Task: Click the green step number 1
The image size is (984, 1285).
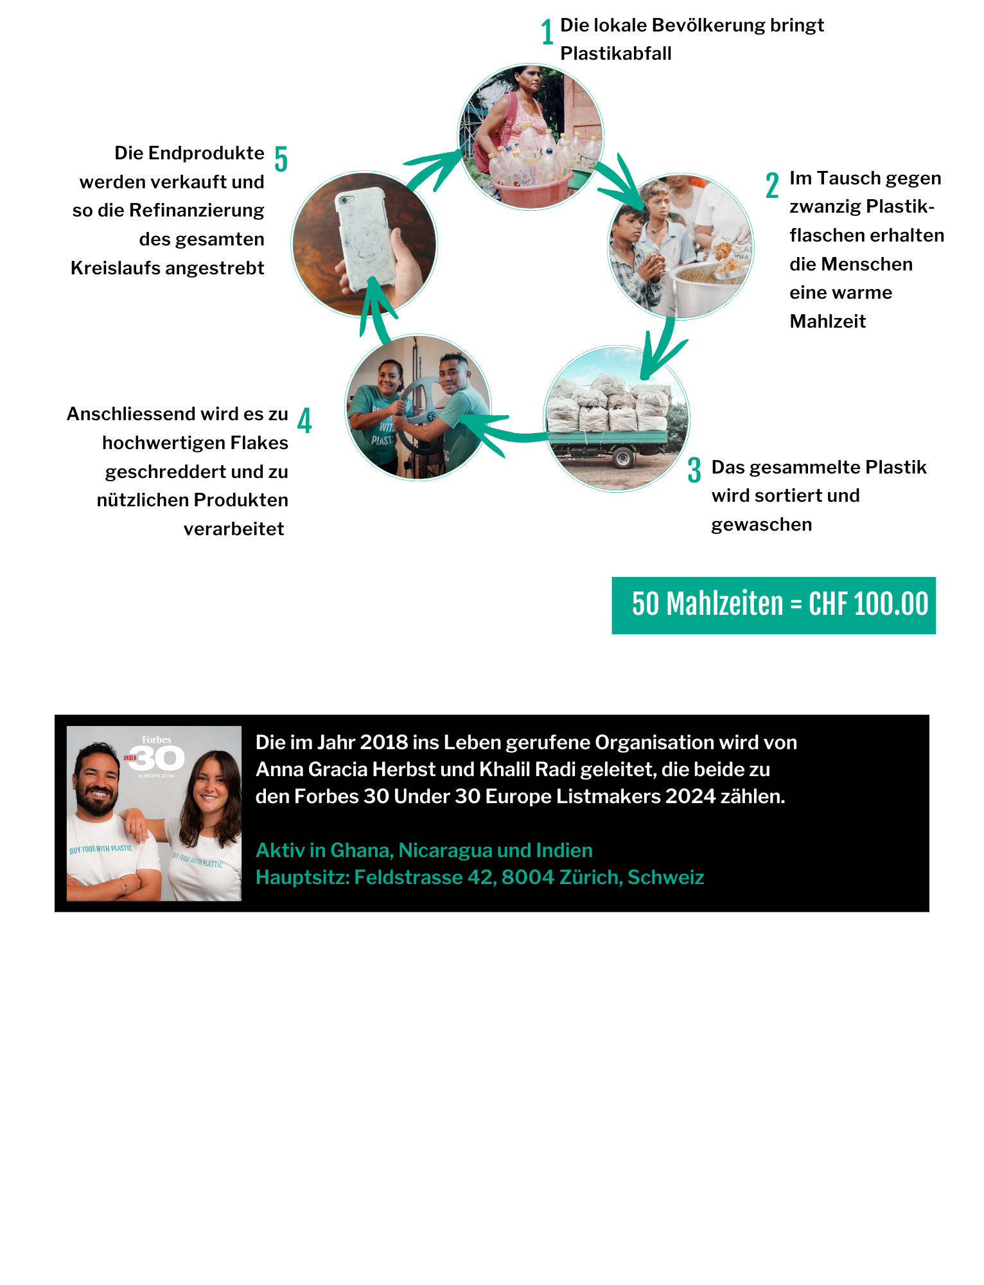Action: [x=547, y=32]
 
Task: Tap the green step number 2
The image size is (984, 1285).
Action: [x=772, y=185]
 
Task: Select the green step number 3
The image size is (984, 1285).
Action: [x=694, y=470]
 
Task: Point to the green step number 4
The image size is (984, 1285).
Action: [x=304, y=420]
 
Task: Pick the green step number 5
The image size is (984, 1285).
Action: [x=281, y=159]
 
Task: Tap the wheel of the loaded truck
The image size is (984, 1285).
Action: [x=622, y=457]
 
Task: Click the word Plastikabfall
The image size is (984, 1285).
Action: [x=615, y=53]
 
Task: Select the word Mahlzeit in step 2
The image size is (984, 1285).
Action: [x=827, y=321]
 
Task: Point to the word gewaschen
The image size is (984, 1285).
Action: [x=761, y=525]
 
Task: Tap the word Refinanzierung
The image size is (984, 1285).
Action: [x=197, y=211]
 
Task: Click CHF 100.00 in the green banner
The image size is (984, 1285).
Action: [x=868, y=604]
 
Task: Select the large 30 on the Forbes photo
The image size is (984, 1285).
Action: [x=157, y=758]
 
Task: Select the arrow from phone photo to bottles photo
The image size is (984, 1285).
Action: [x=434, y=170]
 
